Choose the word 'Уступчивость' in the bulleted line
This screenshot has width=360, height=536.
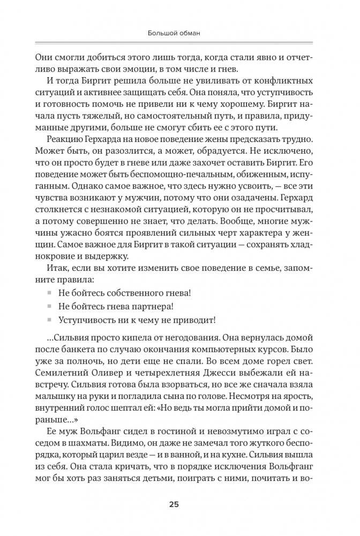[x=89, y=320]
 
